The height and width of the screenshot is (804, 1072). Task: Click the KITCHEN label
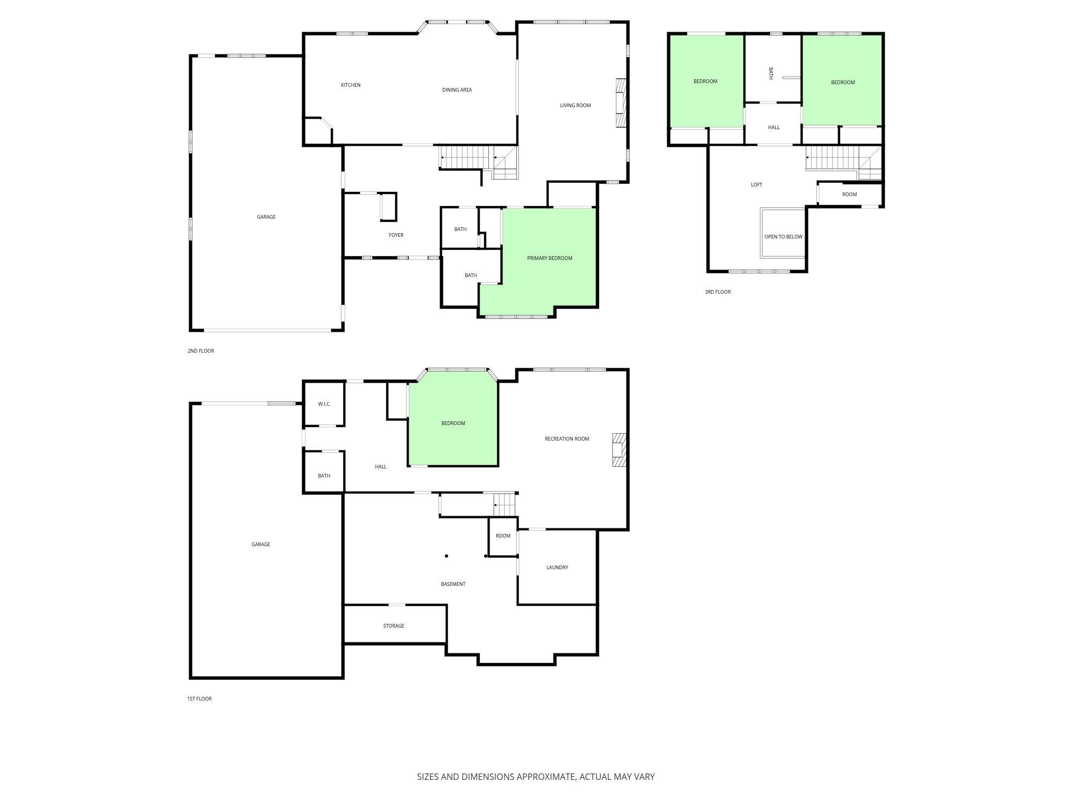[351, 85]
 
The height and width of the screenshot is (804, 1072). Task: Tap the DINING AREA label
[457, 90]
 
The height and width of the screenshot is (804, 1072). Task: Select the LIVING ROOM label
[575, 106]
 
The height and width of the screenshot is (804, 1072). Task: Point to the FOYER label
[396, 235]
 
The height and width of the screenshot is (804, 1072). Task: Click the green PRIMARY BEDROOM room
[549, 258]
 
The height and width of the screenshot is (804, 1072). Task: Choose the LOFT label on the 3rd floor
[756, 185]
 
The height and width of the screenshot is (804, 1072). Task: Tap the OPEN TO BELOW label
[783, 237]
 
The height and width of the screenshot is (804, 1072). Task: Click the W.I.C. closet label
[324, 404]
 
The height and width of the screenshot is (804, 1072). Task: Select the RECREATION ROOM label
[567, 439]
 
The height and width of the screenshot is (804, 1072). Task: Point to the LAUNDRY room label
[557, 568]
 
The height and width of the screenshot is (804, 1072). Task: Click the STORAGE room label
[393, 626]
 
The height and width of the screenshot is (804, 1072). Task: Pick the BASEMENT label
[453, 584]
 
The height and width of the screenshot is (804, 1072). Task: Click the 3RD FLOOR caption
[718, 292]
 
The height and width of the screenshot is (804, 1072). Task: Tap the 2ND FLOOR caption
[200, 351]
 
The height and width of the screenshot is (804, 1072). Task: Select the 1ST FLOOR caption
[199, 699]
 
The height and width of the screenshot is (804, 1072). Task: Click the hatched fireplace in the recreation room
[619, 450]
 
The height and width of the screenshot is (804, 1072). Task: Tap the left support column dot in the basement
[446, 556]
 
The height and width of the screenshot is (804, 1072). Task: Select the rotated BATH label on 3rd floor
[771, 73]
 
